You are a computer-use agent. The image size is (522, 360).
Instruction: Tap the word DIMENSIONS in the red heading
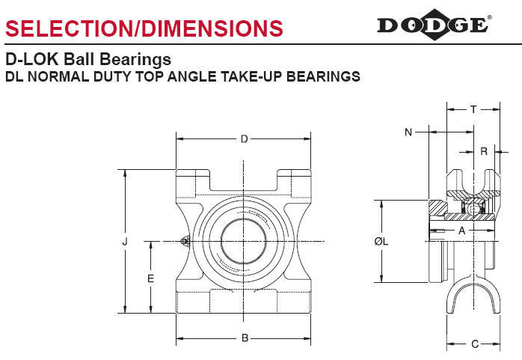tap(212, 28)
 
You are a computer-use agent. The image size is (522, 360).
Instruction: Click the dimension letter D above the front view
tap(245, 139)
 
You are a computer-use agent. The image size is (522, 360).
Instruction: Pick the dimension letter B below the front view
tap(245, 338)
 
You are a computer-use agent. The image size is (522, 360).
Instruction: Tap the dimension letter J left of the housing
tap(125, 242)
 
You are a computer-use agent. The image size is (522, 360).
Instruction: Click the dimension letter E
tap(150, 278)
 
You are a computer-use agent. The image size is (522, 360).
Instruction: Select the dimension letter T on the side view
tap(473, 109)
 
